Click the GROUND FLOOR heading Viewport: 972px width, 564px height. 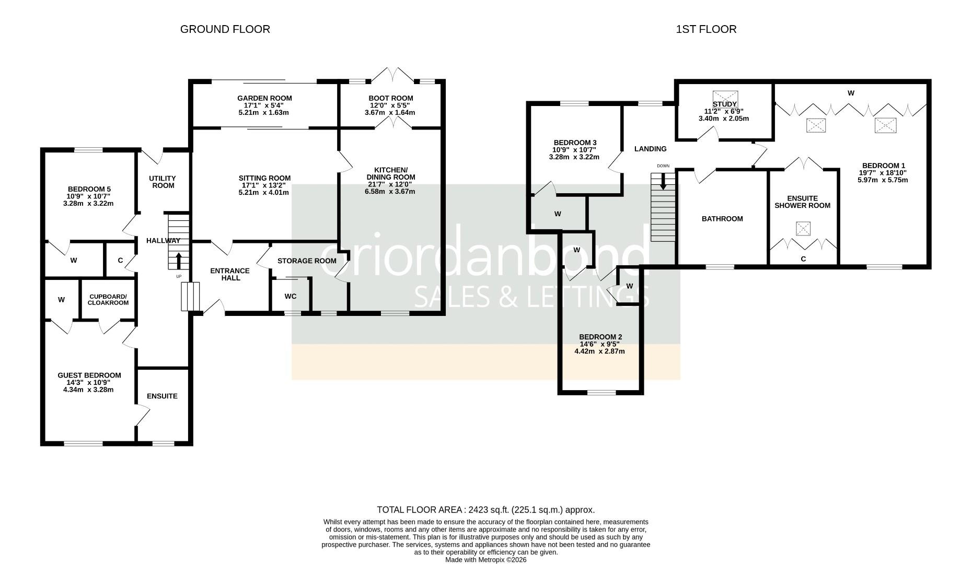225,29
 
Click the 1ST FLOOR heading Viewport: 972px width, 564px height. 706,29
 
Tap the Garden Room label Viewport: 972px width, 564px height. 264,98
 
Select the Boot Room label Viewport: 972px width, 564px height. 390,98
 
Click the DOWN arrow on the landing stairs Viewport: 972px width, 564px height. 663,181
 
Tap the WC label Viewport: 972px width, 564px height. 291,296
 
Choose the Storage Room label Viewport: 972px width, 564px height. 307,261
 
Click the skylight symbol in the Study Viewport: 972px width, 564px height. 725,98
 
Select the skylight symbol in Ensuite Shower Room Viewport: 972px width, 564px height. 803,228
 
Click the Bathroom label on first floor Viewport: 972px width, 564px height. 722,219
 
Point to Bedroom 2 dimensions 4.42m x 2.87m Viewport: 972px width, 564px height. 599,351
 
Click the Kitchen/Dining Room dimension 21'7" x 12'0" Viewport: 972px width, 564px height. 391,184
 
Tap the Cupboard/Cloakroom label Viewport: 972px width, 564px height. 108,299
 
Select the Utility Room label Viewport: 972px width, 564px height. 163,182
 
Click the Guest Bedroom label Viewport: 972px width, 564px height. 89,375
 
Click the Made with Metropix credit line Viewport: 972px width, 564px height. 485,559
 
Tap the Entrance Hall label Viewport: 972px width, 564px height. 230,274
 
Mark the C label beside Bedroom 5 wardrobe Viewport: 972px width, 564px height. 120,260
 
